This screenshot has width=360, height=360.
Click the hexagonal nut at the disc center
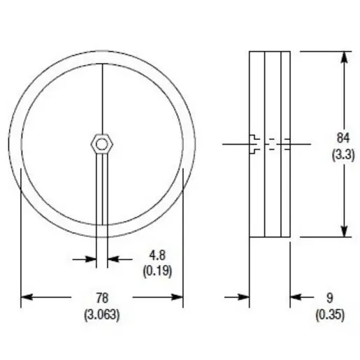point(102,144)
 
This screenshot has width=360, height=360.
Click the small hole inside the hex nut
point(102,144)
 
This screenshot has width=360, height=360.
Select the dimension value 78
point(102,298)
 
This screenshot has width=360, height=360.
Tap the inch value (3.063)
point(102,314)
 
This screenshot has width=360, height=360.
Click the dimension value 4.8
point(157,254)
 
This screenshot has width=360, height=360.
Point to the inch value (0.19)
point(157,269)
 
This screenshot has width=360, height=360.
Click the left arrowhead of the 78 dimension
point(27,298)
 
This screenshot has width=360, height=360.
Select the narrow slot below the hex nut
point(102,196)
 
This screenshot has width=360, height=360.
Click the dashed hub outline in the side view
point(269,145)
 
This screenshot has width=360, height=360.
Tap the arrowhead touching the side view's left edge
point(244,298)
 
